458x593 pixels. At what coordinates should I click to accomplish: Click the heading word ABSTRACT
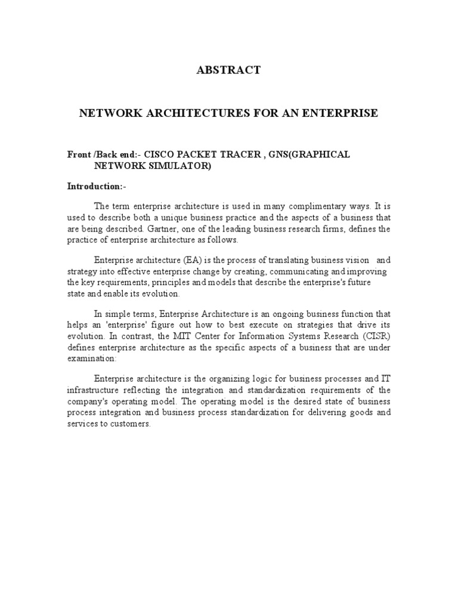pyautogui.click(x=228, y=70)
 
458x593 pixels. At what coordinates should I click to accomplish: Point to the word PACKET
pyautogui.click(x=198, y=154)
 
